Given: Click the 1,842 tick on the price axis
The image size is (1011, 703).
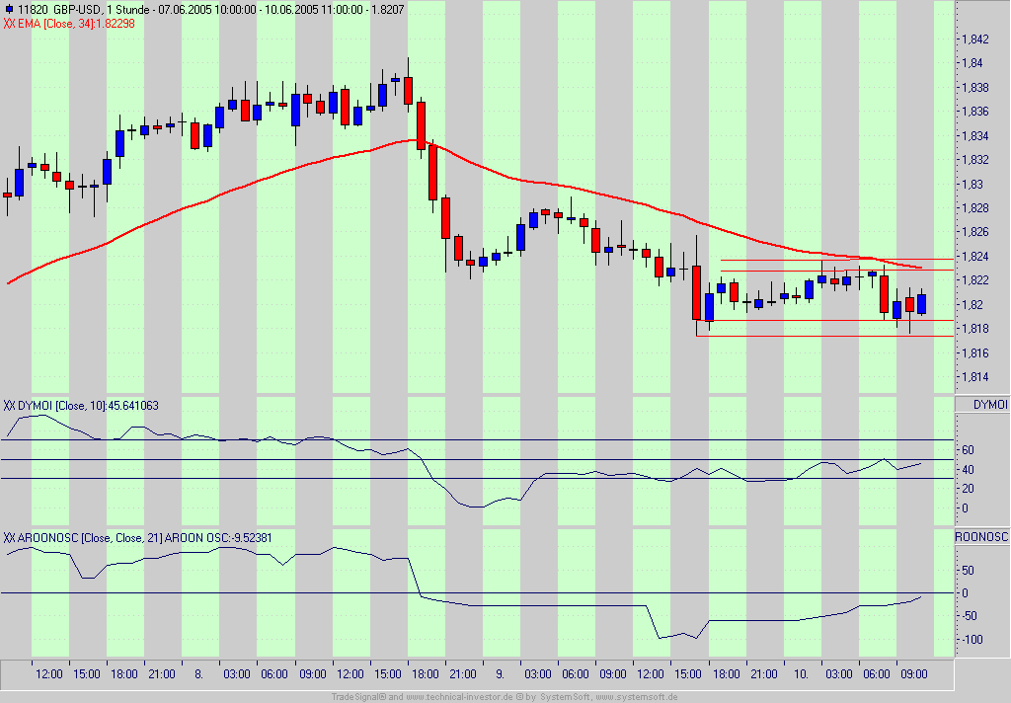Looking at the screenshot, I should (974, 39).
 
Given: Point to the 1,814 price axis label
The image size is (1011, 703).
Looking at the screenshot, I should (974, 377).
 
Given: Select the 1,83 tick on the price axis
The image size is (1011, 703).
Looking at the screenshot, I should (972, 185).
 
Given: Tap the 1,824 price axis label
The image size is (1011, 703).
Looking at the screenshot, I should (974, 257).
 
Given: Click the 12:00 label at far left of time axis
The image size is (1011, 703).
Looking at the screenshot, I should (48, 674).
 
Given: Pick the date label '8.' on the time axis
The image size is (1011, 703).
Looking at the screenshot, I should (198, 674).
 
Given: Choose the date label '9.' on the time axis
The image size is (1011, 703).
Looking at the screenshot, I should (501, 674).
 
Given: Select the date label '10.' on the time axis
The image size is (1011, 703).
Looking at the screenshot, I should (801, 674).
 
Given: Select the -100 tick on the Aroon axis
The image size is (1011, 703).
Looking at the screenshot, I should (972, 640).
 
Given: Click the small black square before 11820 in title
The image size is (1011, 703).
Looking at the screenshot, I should (7, 9).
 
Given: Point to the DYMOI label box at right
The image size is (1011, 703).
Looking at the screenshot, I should (989, 405).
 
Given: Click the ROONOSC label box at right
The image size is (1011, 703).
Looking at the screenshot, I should (981, 537).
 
